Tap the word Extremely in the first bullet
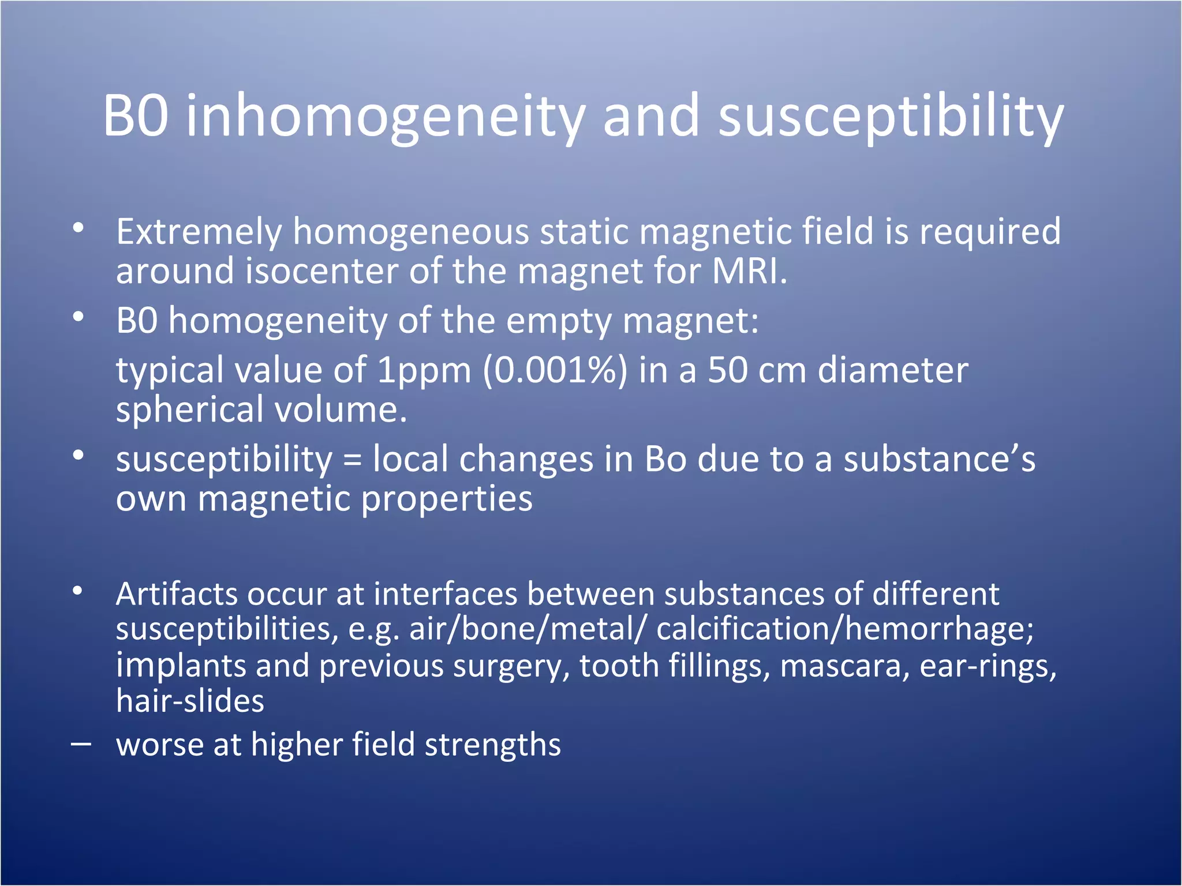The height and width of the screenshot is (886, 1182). (199, 232)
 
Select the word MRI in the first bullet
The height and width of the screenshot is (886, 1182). (749, 271)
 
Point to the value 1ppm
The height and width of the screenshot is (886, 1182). (424, 370)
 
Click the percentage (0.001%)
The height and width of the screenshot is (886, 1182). (555, 370)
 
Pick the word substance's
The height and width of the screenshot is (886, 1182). (939, 460)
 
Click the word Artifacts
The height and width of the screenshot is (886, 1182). (177, 595)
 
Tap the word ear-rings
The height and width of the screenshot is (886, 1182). (988, 666)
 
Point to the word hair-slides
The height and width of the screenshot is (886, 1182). (190, 701)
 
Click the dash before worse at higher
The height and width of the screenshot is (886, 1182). (80, 745)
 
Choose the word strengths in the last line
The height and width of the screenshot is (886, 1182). (492, 745)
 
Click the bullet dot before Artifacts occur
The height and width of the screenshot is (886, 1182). (78, 591)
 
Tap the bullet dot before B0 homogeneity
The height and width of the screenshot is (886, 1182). (78, 317)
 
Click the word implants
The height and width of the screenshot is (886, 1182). (181, 666)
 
